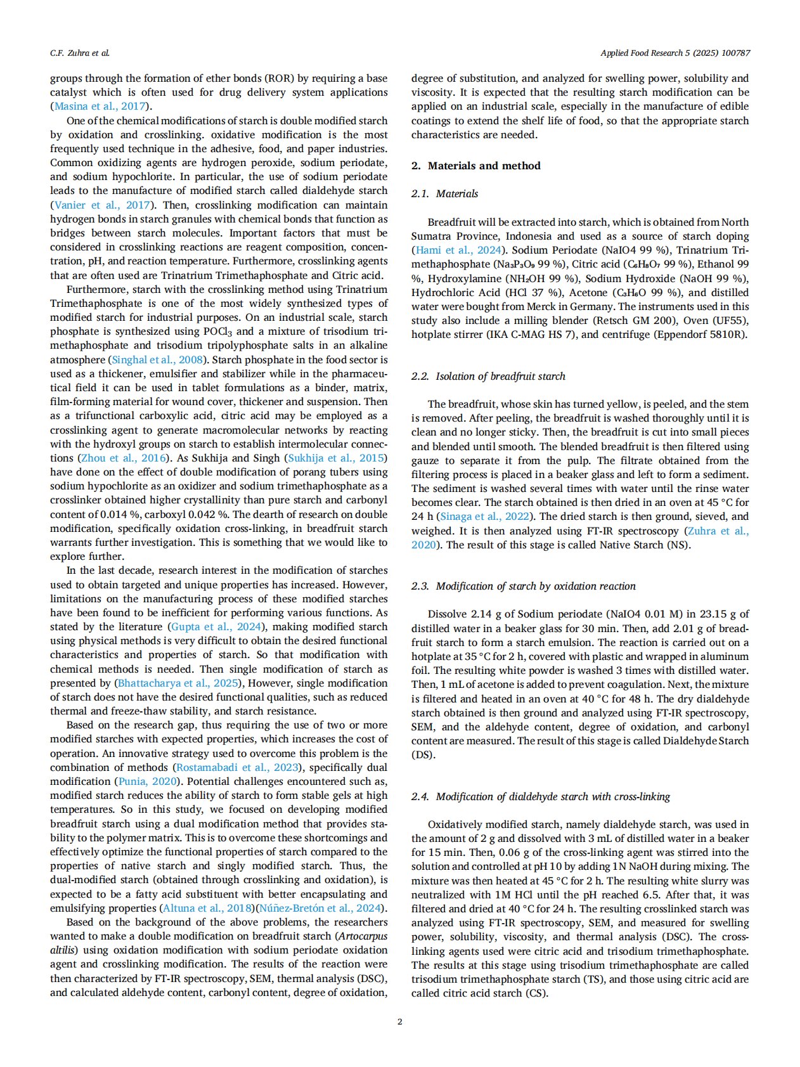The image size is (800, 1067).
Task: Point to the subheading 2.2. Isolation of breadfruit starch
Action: tap(488, 377)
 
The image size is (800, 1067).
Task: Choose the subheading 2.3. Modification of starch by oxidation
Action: tap(523, 586)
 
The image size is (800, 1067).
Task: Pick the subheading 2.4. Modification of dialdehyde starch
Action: tap(540, 797)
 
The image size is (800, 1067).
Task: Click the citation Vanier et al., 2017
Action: tap(102, 205)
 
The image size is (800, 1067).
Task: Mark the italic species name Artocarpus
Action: tap(363, 936)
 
